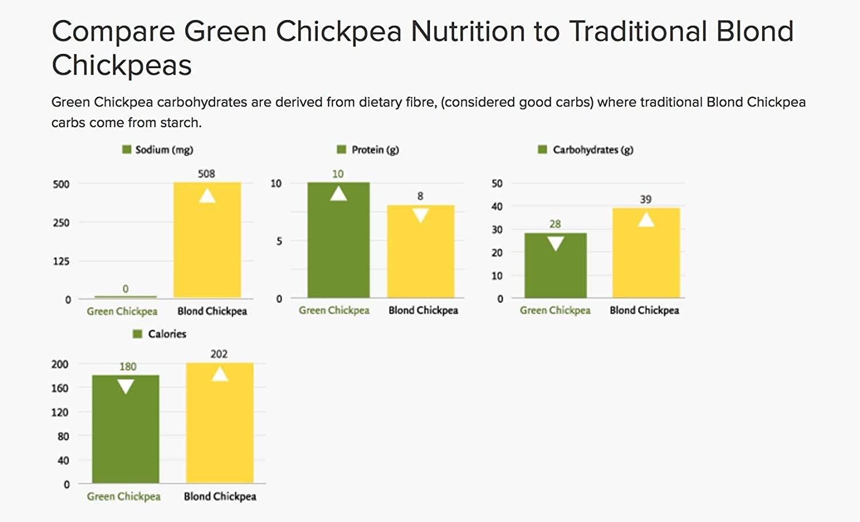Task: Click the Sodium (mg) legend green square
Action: coord(127,150)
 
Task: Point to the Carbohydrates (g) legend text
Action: coord(593,150)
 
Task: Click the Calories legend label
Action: coord(167,334)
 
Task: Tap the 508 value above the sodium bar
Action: coord(206,174)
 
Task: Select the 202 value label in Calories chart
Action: coord(219,354)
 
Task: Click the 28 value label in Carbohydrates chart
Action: coord(555,224)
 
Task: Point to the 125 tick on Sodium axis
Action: coord(61,261)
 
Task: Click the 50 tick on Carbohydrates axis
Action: coord(497,183)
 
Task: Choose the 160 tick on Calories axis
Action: coord(60,388)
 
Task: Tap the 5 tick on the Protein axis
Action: coord(279,241)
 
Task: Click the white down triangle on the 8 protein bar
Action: coord(420,215)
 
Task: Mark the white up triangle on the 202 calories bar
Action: coord(220,374)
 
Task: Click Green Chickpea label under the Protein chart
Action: coord(334,311)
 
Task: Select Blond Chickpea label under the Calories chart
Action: coord(220,496)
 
